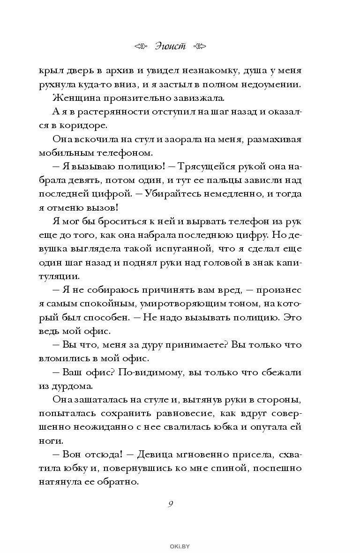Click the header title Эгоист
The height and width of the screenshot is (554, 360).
pos(170,46)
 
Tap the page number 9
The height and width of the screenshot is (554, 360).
pos(171,504)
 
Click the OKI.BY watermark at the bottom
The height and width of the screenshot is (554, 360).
pos(180,546)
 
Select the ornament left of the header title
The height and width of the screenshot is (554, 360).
pos(141,46)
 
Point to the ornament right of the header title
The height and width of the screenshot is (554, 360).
pos(199,46)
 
